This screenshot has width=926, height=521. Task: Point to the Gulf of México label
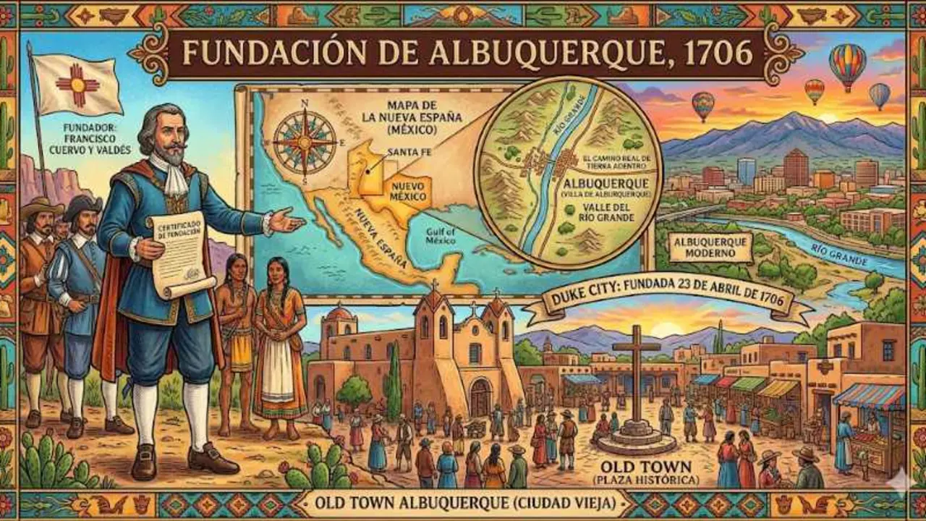pyautogui.click(x=440, y=237)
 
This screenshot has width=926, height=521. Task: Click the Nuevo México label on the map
pyautogui.click(x=406, y=190)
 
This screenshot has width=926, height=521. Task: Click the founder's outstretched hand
pyautogui.click(x=286, y=219)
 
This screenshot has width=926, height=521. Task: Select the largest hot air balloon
pyautogui.click(x=847, y=64)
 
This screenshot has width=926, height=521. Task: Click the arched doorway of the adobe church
pyautogui.click(x=480, y=397)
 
